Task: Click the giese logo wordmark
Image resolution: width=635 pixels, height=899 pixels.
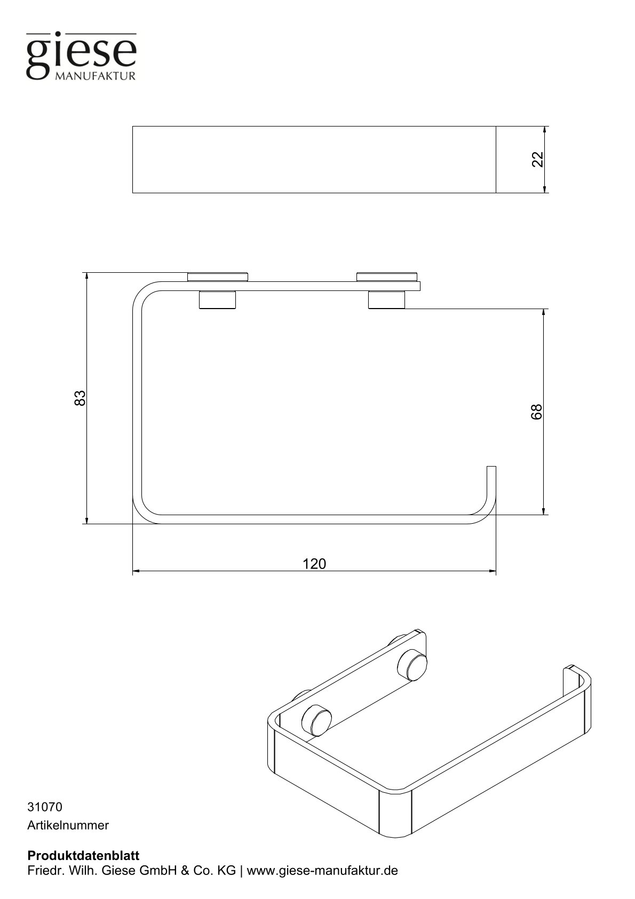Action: click(x=81, y=53)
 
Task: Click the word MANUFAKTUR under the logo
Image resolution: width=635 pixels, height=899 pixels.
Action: click(x=96, y=76)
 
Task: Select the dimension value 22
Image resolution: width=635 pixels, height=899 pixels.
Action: click(x=537, y=159)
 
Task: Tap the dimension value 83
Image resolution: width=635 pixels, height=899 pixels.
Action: click(x=80, y=398)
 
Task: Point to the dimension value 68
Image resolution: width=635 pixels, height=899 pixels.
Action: click(x=536, y=412)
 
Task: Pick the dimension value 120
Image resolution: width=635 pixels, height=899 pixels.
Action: click(x=314, y=564)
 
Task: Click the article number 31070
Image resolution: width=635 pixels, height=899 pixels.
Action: click(x=45, y=807)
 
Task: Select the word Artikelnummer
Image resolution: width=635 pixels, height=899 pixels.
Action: click(x=68, y=825)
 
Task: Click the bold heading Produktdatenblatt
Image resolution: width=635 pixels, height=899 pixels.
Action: click(x=83, y=855)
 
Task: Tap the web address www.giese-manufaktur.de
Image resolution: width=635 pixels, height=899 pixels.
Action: click(x=322, y=871)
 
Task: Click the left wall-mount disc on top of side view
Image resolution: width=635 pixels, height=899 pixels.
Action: click(x=218, y=277)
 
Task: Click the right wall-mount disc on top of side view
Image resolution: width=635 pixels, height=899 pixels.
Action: click(x=387, y=277)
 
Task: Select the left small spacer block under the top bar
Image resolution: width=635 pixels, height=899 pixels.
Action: click(x=217, y=300)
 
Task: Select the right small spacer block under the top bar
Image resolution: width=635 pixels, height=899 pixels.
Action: click(x=386, y=300)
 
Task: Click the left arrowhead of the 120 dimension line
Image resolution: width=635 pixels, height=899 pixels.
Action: click(x=136, y=571)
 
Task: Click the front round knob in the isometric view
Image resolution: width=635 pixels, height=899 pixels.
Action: click(x=316, y=720)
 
